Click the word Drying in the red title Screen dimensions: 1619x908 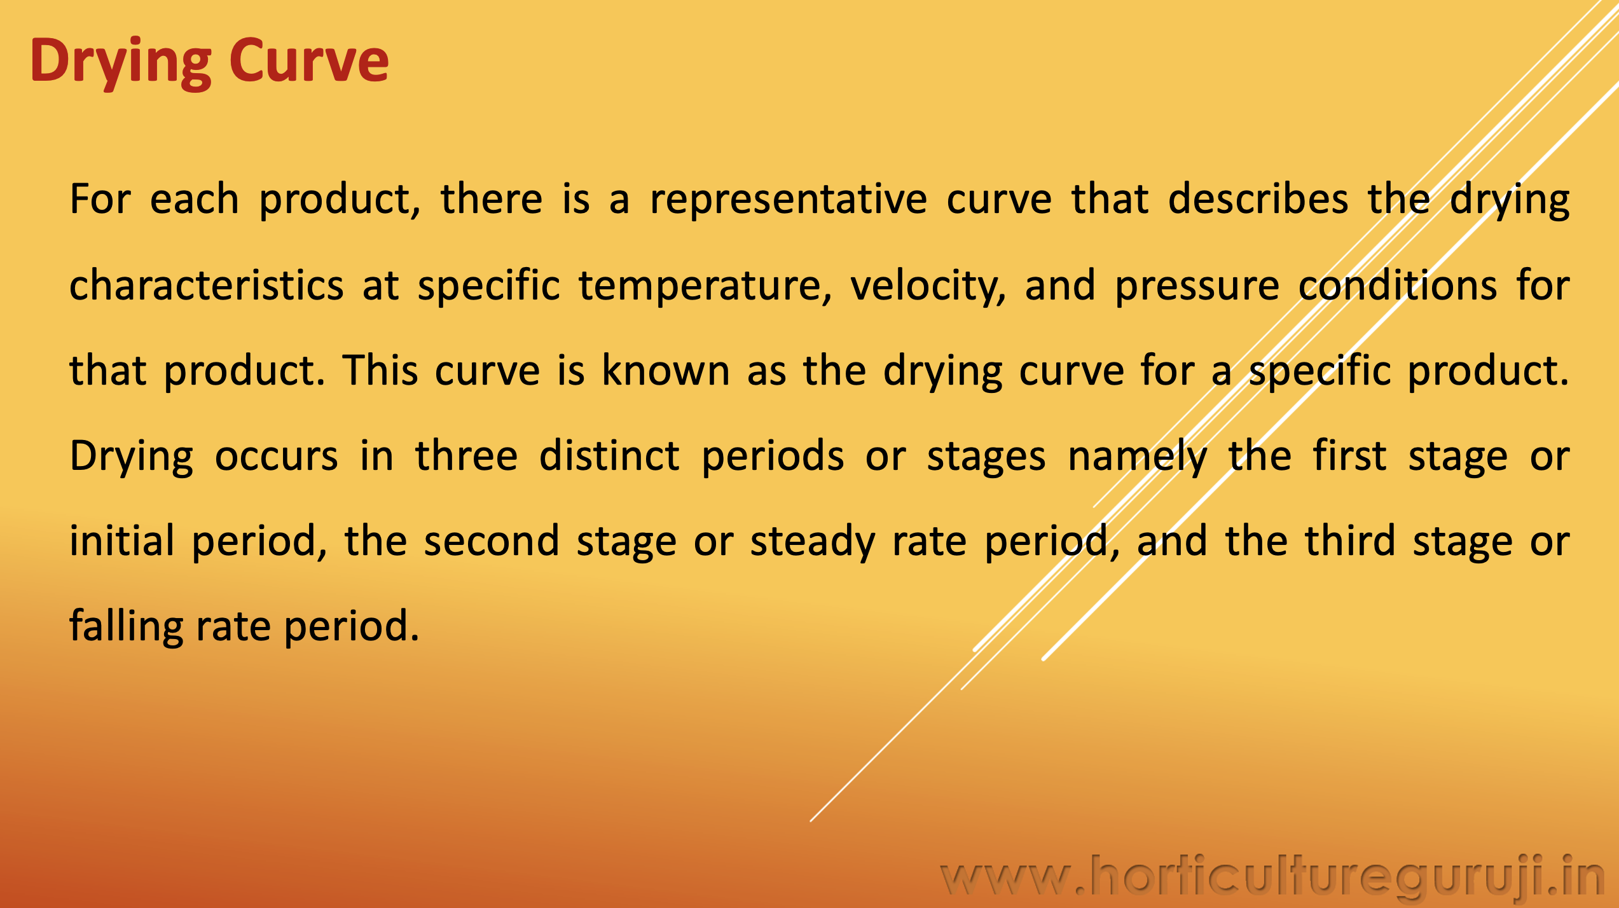coord(121,62)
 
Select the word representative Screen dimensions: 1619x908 coord(789,199)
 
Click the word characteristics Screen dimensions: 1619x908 coord(207,285)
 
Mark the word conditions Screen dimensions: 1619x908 coord(1398,285)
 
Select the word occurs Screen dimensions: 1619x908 coord(277,457)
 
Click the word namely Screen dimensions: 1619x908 coord(1137,457)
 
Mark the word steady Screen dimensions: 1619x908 coord(813,542)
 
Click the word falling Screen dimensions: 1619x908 coord(126,627)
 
